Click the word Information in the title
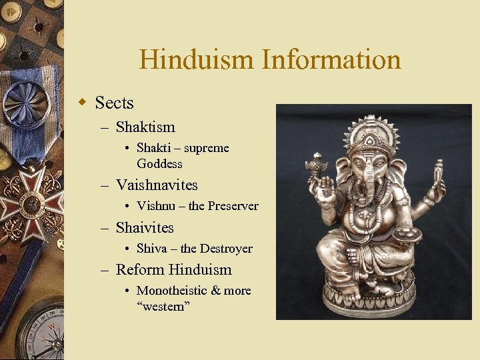point(331,60)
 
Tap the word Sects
point(114,103)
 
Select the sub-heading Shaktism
point(145,127)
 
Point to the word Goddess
point(159,163)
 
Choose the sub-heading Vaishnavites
point(157,185)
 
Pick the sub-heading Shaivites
point(145,227)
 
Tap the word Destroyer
point(226,249)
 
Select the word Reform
point(140,270)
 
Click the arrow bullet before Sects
point(83,103)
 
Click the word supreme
point(207,148)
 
